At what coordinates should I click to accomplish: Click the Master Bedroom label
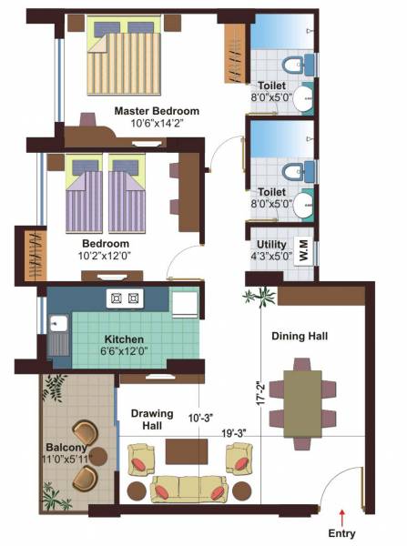click(x=157, y=111)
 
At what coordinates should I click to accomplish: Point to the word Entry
click(x=342, y=534)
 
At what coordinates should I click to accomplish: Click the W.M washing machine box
click(x=305, y=250)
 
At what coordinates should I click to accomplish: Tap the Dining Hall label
click(x=299, y=336)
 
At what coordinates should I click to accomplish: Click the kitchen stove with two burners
click(x=125, y=298)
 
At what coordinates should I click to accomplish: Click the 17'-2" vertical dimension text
click(x=260, y=393)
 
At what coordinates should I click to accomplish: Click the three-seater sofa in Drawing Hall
click(x=189, y=488)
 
